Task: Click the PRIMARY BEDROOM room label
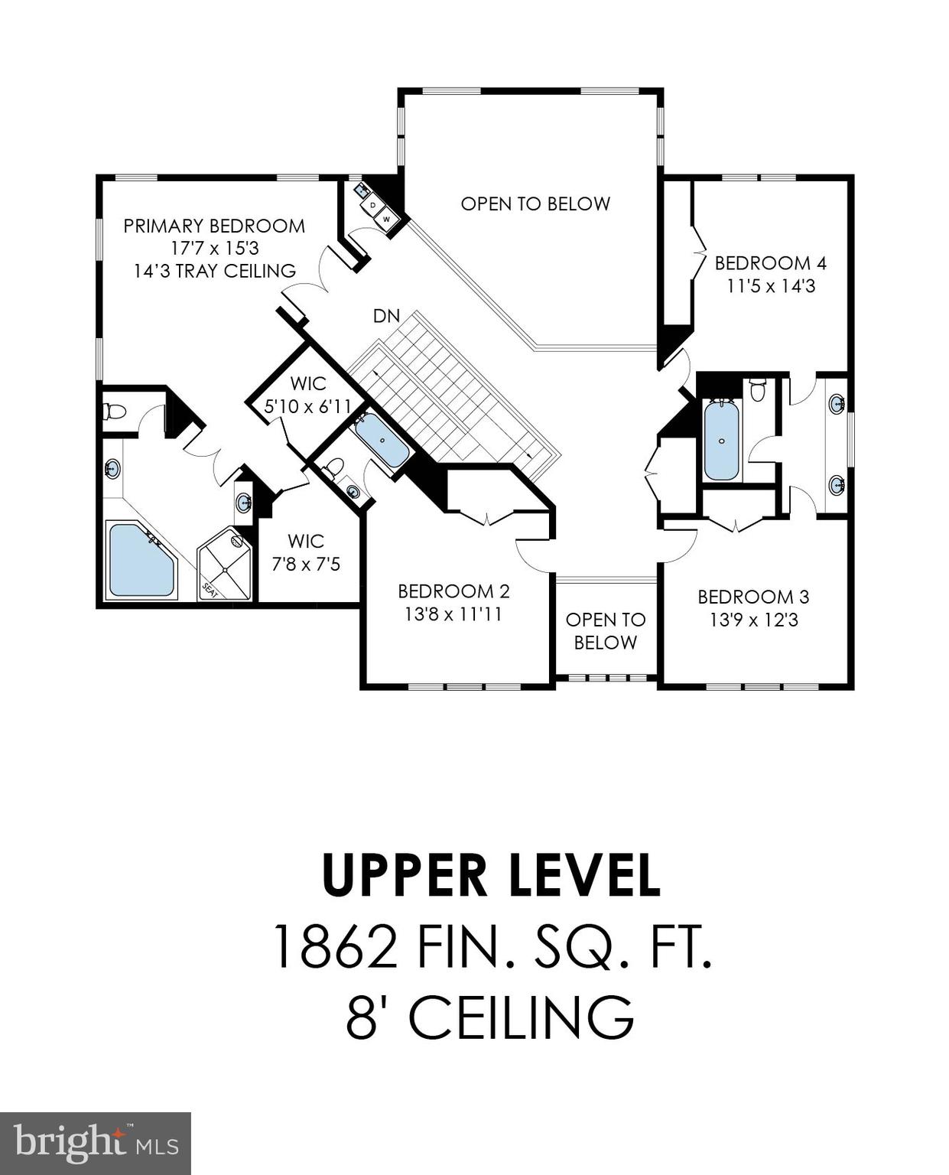214,226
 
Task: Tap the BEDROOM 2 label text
453,591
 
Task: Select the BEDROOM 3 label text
753,597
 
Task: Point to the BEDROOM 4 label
770,263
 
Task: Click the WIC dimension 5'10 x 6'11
307,407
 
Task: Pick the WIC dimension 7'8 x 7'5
306,565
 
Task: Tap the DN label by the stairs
386,316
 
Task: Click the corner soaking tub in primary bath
140,559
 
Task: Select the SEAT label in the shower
210,590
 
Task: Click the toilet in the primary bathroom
114,412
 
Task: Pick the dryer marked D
373,205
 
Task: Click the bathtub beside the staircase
382,441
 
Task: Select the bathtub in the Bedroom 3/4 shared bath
721,441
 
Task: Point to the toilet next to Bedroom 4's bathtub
758,389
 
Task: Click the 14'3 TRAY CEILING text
215,271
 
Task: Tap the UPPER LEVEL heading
491,876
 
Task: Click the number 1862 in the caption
334,946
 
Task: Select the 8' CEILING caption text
490,1017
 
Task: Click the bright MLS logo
96,1144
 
